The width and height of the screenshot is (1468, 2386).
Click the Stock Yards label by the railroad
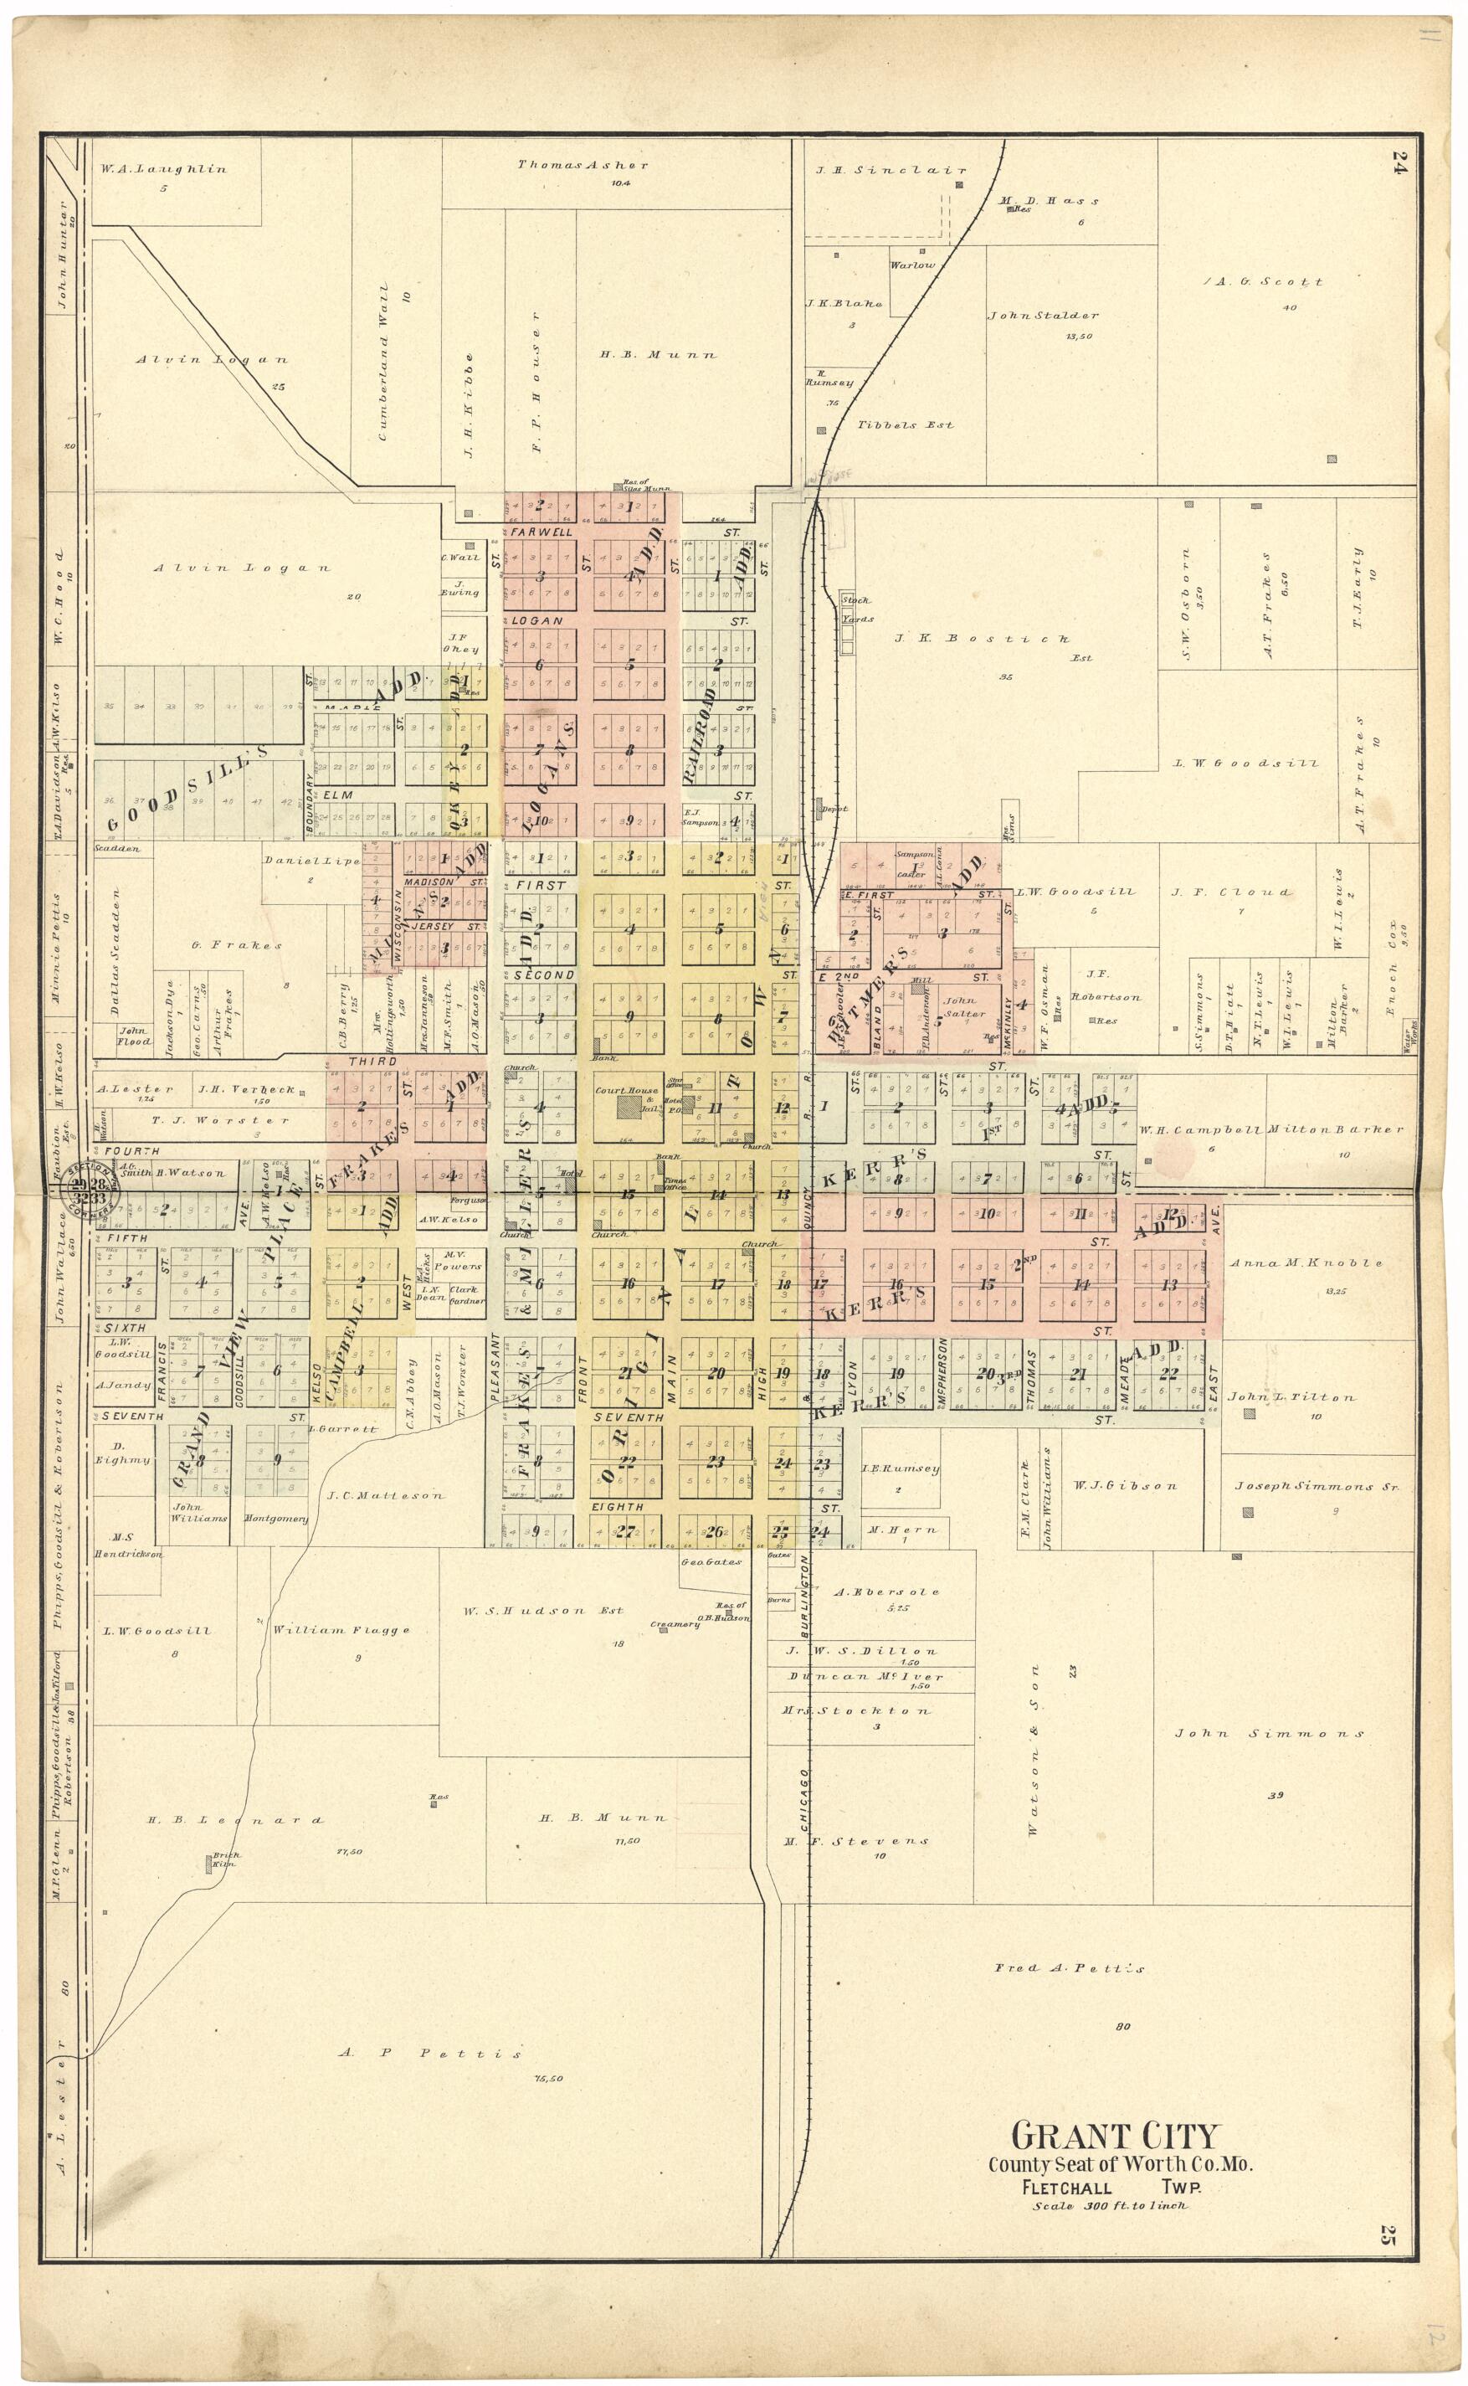(856, 609)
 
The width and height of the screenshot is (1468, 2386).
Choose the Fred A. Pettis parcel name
(1069, 1968)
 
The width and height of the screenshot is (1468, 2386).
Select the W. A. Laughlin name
(163, 169)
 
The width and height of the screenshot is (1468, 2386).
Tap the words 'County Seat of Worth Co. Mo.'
(1121, 2165)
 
